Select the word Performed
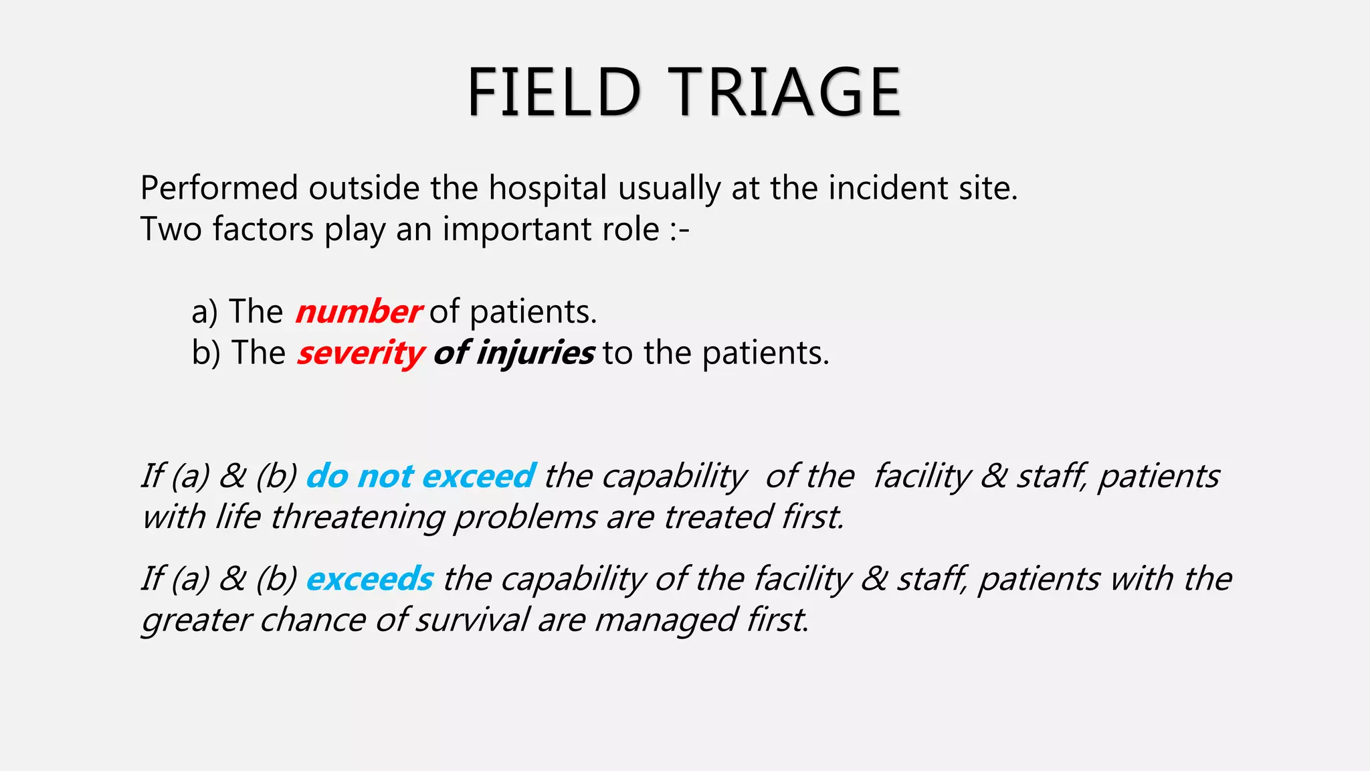point(219,188)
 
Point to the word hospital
point(548,188)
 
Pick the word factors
point(263,230)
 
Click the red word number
point(359,312)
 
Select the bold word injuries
point(534,353)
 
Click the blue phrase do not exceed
point(421,477)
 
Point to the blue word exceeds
point(370,579)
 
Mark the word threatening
point(357,518)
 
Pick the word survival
point(472,620)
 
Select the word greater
point(196,620)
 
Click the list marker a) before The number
point(205,312)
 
